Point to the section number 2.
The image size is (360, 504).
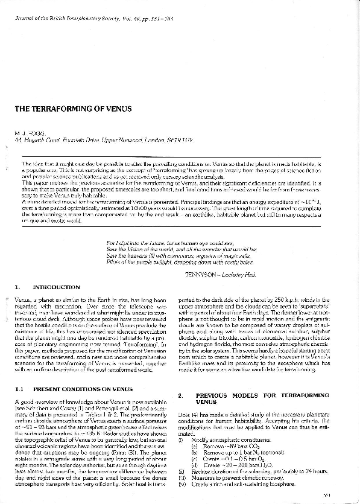pos(181,395)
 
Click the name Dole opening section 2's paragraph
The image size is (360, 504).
pos(185,414)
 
